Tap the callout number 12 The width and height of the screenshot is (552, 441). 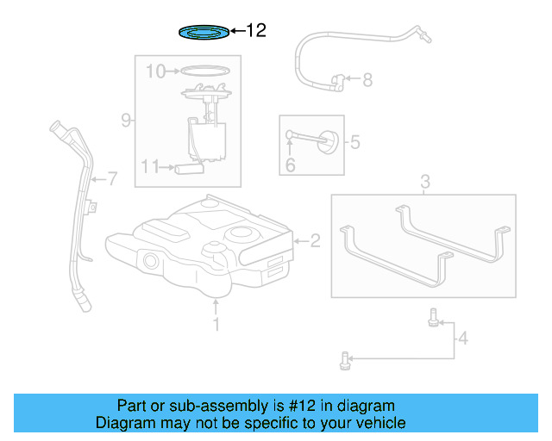[x=256, y=31]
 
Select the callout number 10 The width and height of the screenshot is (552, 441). [x=155, y=71]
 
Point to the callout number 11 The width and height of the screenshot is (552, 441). [x=150, y=166]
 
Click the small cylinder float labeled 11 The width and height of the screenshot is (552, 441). [x=190, y=169]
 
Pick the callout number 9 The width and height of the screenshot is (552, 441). [x=126, y=121]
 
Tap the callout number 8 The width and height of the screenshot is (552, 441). [x=367, y=80]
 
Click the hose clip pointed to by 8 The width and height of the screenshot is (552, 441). [x=337, y=83]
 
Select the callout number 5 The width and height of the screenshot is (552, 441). [x=354, y=142]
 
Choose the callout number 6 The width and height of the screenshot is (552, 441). [x=290, y=165]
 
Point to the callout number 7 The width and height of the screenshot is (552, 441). [x=112, y=178]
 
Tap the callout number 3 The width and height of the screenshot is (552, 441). [x=425, y=182]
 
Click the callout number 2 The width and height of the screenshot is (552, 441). [x=315, y=241]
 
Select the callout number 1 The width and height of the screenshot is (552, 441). [x=216, y=324]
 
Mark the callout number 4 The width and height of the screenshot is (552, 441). [x=463, y=339]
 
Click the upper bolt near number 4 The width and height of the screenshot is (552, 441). [x=433, y=318]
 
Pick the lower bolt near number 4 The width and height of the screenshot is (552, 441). [x=345, y=361]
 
